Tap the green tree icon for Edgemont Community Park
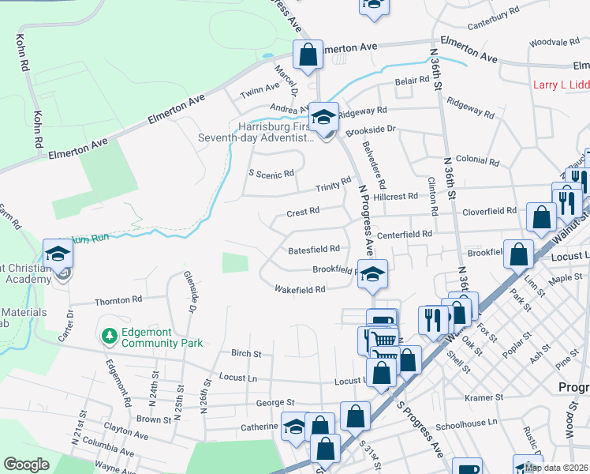click(109, 337)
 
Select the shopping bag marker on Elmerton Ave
click(308, 55)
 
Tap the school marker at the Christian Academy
click(58, 254)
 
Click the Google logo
click(26, 465)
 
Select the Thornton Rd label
click(118, 301)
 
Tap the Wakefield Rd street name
click(300, 290)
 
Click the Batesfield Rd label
click(314, 250)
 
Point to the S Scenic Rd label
click(271, 173)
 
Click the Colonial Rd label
click(477, 161)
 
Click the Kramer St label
click(484, 397)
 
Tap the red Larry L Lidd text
click(561, 85)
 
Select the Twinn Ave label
click(260, 92)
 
